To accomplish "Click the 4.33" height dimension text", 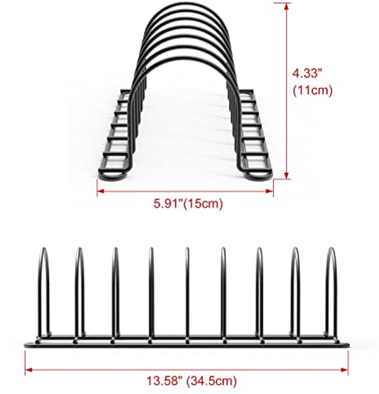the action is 307,73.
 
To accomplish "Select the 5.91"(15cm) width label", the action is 188,204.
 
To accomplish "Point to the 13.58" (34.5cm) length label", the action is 191,381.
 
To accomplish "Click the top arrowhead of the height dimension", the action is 286,7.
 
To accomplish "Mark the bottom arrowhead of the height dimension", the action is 286,175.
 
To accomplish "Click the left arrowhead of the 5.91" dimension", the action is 100,191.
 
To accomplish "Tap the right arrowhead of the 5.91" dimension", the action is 270,191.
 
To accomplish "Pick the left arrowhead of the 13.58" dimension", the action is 29,370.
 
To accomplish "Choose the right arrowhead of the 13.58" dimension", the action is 345,370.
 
